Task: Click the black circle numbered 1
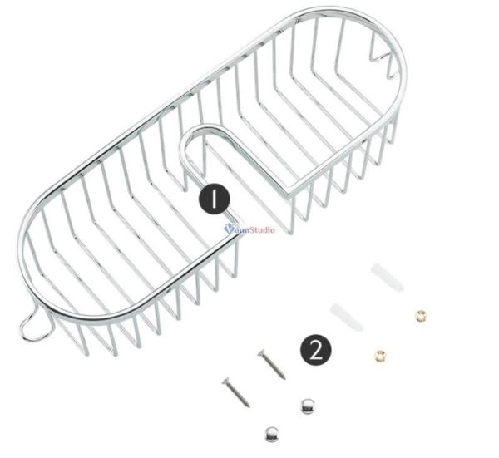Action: (215, 199)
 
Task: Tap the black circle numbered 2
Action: (316, 350)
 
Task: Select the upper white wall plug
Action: (387, 277)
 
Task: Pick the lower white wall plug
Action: (346, 317)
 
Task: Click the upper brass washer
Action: (421, 316)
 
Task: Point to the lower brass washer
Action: (380, 355)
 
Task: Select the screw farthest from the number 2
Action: (236, 392)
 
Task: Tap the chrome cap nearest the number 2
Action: (308, 406)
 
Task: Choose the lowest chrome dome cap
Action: (272, 435)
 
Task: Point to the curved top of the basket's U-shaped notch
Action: (204, 128)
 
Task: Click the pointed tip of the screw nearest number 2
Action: (284, 379)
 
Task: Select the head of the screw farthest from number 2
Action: (226, 381)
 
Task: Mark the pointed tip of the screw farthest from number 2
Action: (249, 406)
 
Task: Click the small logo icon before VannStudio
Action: (229, 229)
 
